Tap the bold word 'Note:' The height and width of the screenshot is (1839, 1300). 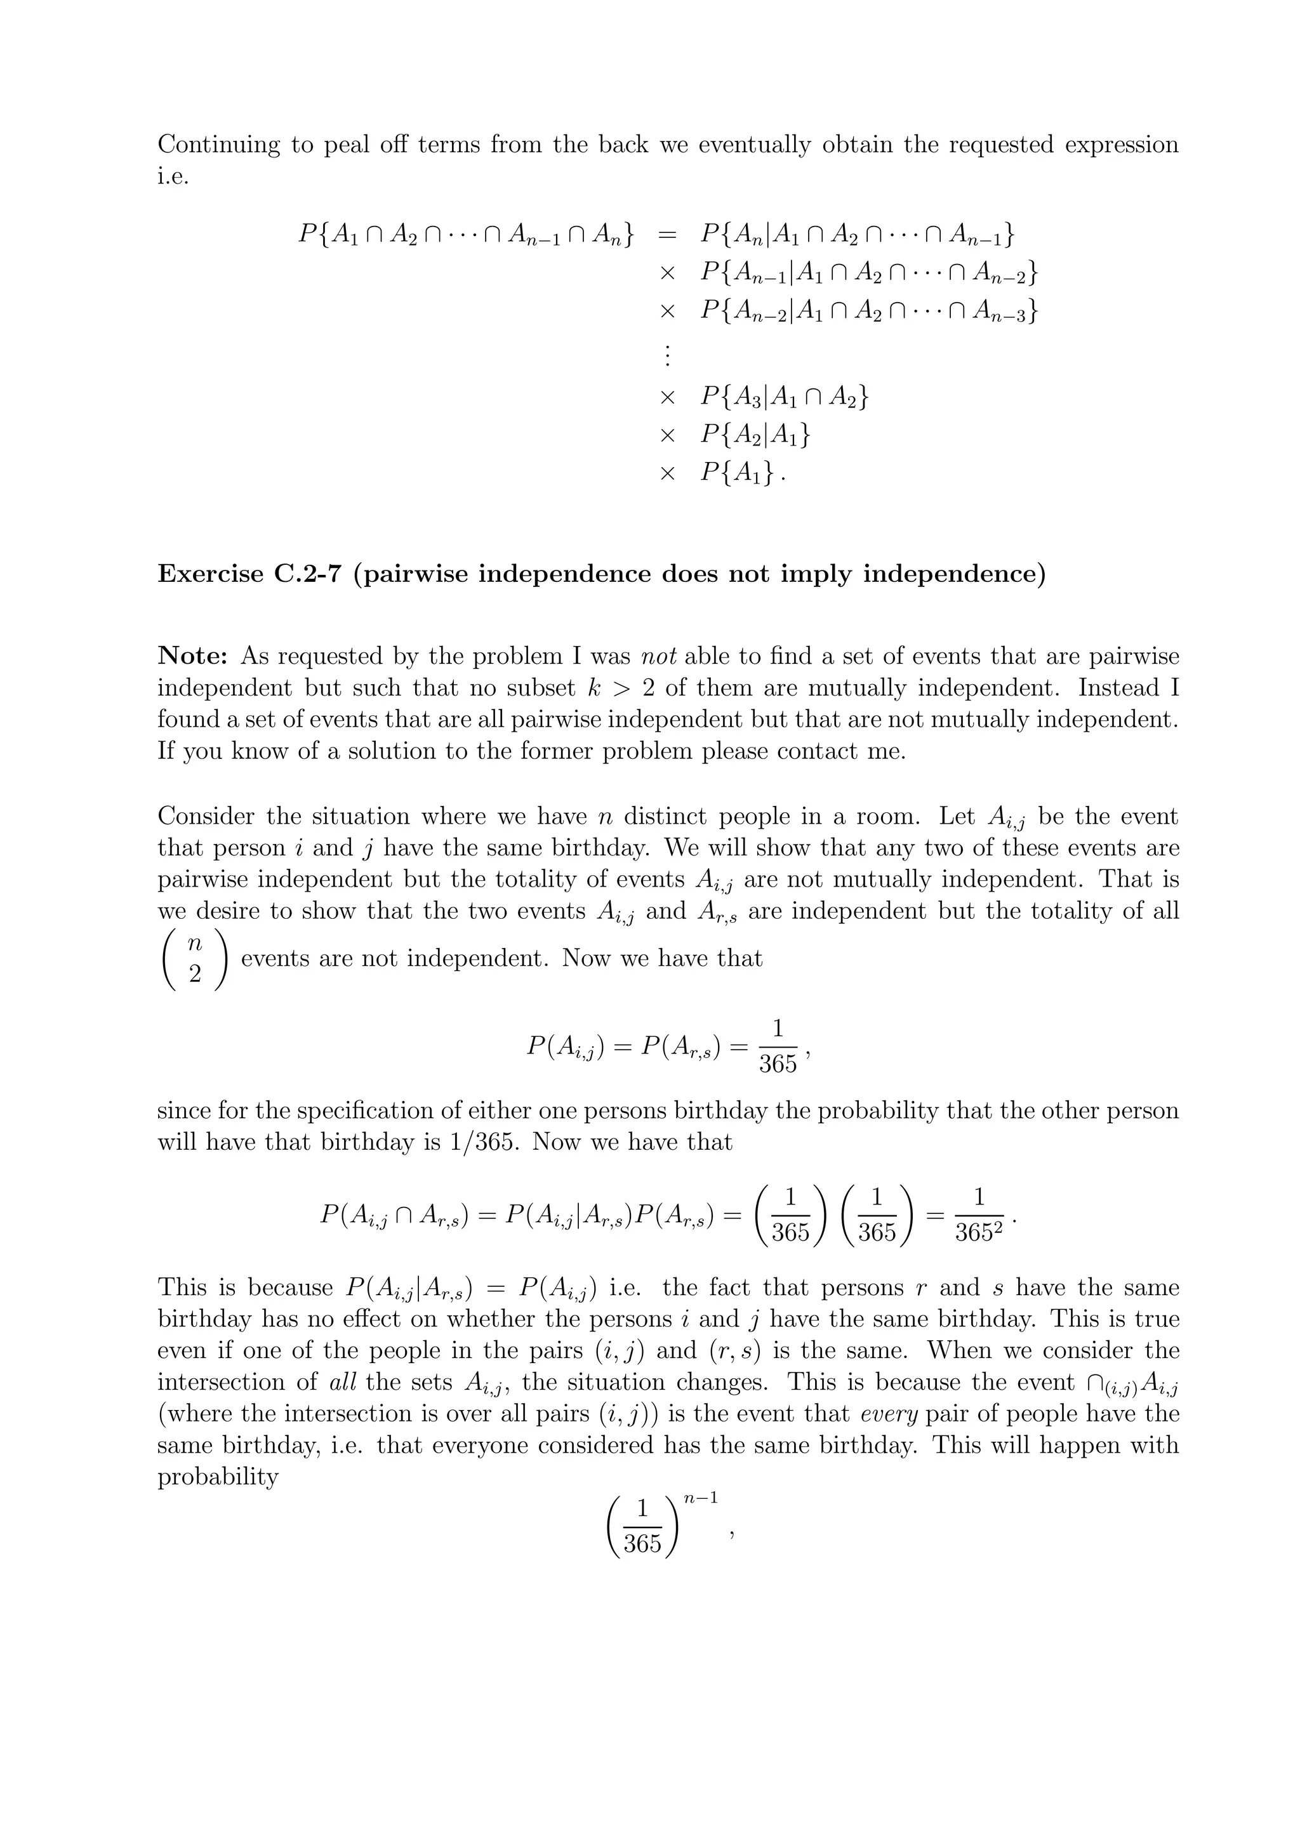pos(193,656)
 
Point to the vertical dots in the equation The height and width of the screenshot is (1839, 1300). pos(667,354)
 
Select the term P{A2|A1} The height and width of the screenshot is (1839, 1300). pos(755,435)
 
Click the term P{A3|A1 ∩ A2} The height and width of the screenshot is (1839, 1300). pos(783,397)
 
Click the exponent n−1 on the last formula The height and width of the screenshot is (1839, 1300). pos(706,1496)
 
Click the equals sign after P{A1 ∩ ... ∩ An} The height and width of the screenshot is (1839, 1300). pos(667,235)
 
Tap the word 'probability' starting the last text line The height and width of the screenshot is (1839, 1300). pos(217,1477)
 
